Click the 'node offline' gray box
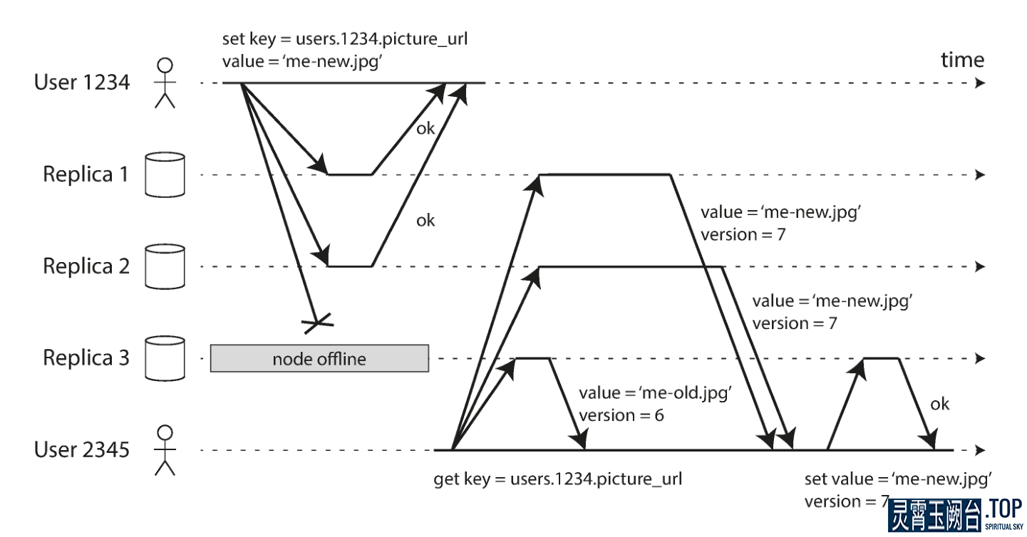(x=319, y=358)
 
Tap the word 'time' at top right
(x=962, y=59)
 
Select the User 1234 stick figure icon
(x=165, y=83)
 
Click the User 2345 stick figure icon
(x=165, y=450)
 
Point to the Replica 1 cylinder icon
(x=165, y=175)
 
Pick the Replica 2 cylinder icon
(x=165, y=267)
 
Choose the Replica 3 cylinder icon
(x=165, y=358)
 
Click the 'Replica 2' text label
(x=86, y=266)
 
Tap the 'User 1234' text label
(x=82, y=83)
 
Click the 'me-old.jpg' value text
(x=656, y=393)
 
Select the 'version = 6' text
(x=621, y=415)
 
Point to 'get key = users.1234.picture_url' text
(x=558, y=479)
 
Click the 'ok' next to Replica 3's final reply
(x=940, y=404)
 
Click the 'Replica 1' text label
(x=86, y=174)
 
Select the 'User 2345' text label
(x=82, y=450)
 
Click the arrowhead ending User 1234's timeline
(x=981, y=83)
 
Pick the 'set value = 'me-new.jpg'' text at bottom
(x=899, y=478)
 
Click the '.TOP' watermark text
(x=1004, y=509)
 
